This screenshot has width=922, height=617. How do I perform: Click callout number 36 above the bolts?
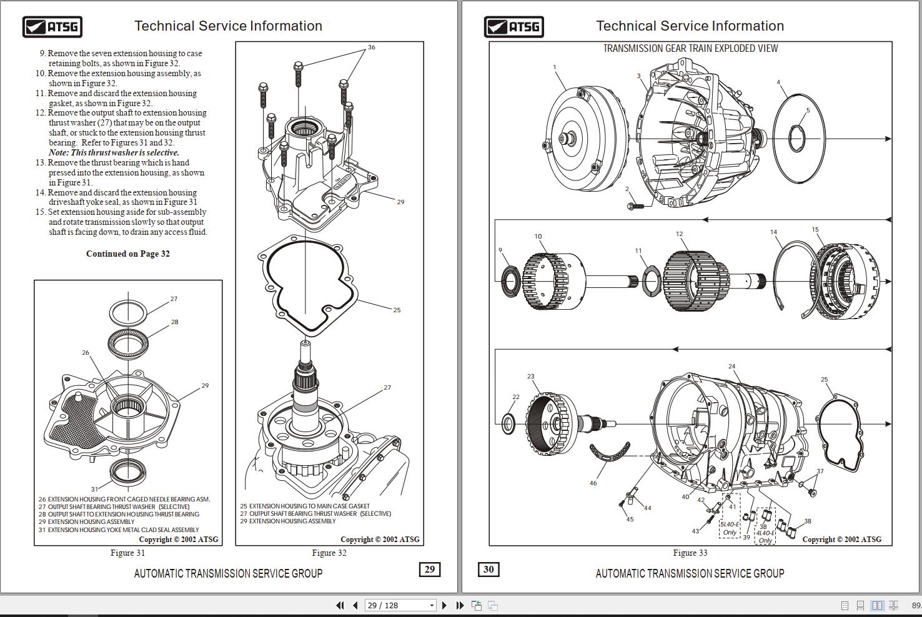372,47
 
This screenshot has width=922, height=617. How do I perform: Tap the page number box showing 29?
430,570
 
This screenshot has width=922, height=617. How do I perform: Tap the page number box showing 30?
488,570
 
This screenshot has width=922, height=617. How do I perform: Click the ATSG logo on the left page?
52,27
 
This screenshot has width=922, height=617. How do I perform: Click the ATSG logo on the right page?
513,27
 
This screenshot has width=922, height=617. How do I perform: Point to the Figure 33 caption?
690,553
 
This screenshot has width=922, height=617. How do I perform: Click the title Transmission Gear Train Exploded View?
690,49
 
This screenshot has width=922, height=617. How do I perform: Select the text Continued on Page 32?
128,254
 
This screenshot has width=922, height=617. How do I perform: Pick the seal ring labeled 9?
510,279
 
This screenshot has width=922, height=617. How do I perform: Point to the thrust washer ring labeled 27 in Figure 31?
128,310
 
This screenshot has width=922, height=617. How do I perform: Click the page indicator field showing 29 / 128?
400,605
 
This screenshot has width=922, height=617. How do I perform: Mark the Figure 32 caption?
329,553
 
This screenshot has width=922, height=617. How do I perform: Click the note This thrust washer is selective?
114,152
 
